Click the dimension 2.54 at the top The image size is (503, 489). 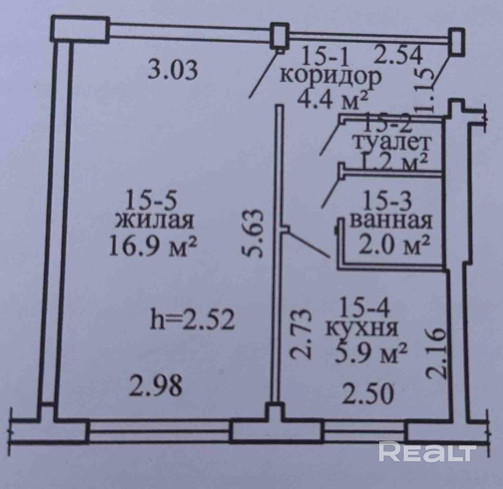tap(398, 55)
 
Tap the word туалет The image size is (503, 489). tap(391, 143)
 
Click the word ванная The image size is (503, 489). tap(391, 221)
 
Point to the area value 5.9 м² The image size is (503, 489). tap(371, 353)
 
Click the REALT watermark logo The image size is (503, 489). tap(427, 452)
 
